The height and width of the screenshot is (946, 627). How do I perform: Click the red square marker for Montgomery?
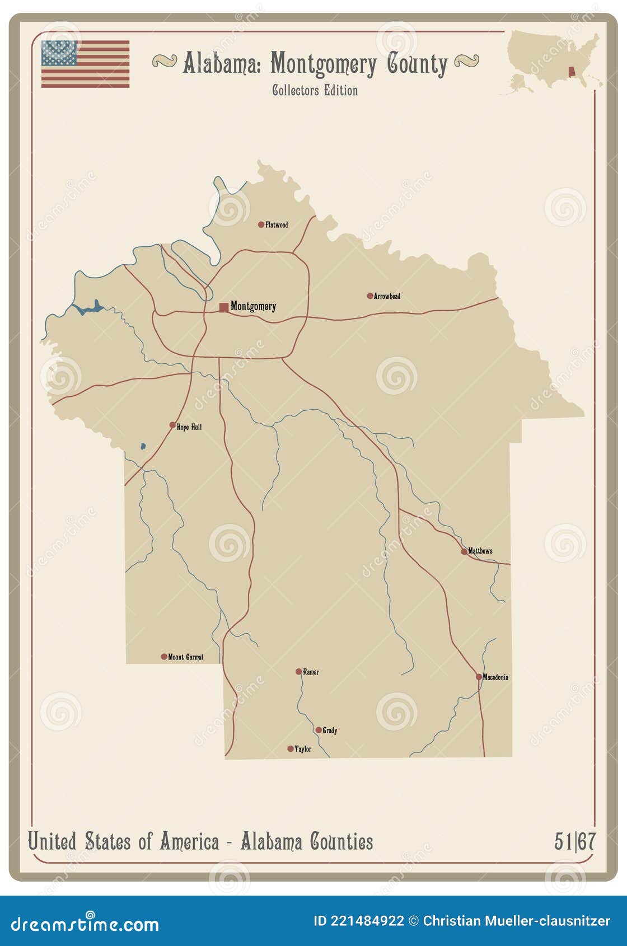[x=224, y=307]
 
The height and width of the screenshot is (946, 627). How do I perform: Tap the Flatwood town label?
[x=277, y=225]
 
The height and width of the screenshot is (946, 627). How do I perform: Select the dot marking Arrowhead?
[x=370, y=296]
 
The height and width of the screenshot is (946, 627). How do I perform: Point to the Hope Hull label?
[x=189, y=427]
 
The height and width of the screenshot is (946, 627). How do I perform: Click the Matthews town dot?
[x=464, y=551]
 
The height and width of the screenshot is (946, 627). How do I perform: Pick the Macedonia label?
[x=495, y=677]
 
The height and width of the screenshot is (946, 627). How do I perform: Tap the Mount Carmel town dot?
[x=164, y=657]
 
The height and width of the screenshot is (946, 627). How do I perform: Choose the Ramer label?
[x=311, y=672]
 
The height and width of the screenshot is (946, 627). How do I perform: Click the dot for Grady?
[x=319, y=730]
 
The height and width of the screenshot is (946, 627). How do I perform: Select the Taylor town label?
[x=303, y=749]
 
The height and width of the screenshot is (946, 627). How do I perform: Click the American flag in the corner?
[x=85, y=64]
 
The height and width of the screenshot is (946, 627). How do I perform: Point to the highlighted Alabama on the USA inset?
[x=572, y=73]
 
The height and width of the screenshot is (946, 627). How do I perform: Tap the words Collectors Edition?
[x=315, y=90]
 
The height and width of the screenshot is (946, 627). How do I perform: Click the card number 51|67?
[x=575, y=841]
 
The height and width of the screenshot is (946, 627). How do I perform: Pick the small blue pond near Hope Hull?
[x=143, y=446]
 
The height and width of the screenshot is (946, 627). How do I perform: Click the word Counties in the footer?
[x=341, y=841]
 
